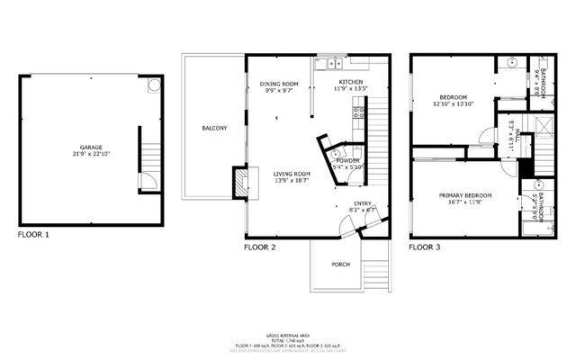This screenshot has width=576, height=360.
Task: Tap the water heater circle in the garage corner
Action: tap(154, 85)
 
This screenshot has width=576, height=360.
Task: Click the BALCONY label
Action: tap(214, 129)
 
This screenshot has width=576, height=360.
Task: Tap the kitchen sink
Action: tap(331, 63)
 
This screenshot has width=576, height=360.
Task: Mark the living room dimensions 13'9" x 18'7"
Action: tap(292, 181)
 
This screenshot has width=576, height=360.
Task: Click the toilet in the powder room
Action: tap(335, 154)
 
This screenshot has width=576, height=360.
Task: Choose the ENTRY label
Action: tap(362, 203)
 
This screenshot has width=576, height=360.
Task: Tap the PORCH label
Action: tap(341, 264)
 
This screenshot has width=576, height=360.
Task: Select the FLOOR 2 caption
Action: tap(259, 247)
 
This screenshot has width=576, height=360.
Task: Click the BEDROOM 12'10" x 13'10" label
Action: tap(454, 97)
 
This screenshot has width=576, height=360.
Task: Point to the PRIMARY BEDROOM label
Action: tap(465, 195)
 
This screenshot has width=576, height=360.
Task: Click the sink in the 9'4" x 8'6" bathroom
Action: tap(510, 65)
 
